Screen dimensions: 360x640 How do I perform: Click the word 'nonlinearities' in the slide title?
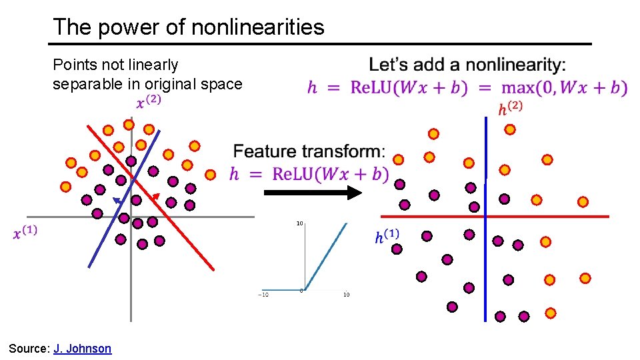click(x=257, y=27)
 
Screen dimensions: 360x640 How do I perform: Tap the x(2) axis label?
click(x=148, y=102)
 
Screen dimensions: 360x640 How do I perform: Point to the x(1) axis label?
click(x=25, y=233)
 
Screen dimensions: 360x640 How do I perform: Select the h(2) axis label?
click(x=510, y=109)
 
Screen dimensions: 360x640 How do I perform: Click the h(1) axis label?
click(x=387, y=237)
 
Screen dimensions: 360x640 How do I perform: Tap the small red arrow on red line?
click(x=155, y=197)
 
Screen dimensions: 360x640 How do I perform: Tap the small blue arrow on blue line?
click(x=117, y=201)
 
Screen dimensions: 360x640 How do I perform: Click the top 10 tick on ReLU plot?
click(x=300, y=223)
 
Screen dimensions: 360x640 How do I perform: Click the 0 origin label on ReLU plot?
click(x=301, y=291)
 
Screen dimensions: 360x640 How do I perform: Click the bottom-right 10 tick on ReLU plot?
click(x=346, y=295)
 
